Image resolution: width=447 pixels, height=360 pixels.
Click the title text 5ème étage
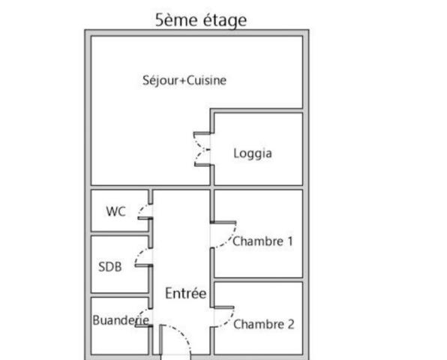click(201, 20)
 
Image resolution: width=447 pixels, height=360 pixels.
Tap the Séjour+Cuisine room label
click(184, 80)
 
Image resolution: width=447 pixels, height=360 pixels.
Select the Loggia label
click(253, 154)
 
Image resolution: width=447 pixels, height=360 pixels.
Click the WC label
click(115, 211)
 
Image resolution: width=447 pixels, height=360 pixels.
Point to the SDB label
click(110, 267)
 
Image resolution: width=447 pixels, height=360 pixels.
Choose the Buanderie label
click(121, 320)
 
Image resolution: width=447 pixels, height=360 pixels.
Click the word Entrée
click(186, 293)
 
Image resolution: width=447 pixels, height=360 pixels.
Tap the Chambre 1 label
click(262, 241)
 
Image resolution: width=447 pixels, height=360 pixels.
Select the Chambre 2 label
click(264, 324)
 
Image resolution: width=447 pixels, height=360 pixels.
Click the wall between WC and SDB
click(120, 233)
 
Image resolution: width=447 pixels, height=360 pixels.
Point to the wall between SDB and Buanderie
click(120, 295)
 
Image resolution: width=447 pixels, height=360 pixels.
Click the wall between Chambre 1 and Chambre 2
click(258, 280)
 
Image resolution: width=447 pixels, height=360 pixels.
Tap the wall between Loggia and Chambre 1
click(258, 187)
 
